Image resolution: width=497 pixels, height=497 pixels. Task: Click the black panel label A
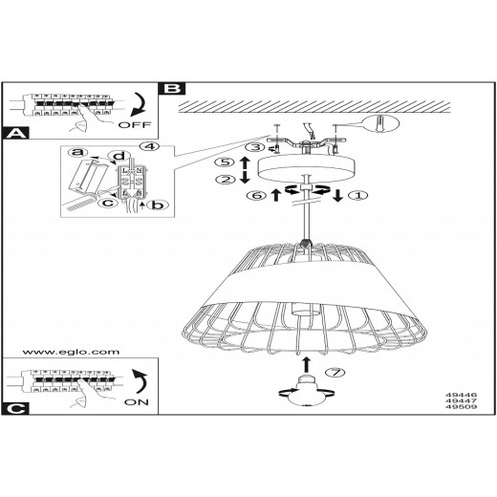tap(15, 133)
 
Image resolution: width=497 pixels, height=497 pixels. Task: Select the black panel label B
tap(174, 89)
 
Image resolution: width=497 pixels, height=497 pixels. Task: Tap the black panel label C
tap(15, 408)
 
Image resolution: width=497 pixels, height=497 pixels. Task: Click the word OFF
tap(134, 125)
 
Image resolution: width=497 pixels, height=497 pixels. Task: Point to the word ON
tap(137, 402)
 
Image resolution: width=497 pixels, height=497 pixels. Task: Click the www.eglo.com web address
tap(71, 352)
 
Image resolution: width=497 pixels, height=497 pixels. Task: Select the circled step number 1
tap(357, 195)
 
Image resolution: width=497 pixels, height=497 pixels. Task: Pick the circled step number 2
tap(226, 180)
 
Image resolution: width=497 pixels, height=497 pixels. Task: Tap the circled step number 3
tap(256, 147)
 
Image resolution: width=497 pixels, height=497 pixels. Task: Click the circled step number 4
tap(149, 146)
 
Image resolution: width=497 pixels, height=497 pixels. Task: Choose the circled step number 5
tap(225, 162)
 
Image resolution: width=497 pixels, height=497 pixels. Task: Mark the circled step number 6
tap(257, 195)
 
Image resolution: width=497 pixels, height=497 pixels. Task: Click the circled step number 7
tap(335, 372)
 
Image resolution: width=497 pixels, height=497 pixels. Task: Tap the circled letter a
tap(77, 152)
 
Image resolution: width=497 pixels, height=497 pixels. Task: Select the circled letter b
tap(158, 205)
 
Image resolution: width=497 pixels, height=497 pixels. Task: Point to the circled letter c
tap(108, 203)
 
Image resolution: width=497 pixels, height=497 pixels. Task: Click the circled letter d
tap(119, 156)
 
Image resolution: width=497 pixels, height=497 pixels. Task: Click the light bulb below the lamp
tap(306, 391)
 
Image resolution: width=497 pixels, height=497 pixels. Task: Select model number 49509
tap(461, 407)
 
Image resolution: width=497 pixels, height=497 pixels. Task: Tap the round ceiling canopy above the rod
tap(306, 169)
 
